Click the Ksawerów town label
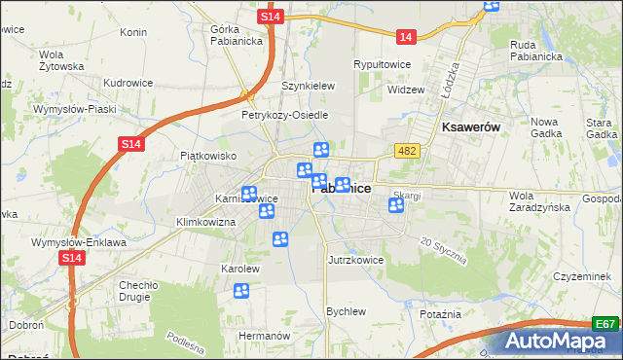tap(470, 127)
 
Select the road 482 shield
tap(407, 150)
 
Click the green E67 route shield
tap(606, 324)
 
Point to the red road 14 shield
tap(407, 36)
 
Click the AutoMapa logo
tap(560, 342)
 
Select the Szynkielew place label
tap(308, 86)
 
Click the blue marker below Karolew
tap(241, 290)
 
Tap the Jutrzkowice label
tap(355, 260)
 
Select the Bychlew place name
tap(346, 311)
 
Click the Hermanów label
tap(265, 335)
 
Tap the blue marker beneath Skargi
tap(396, 205)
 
